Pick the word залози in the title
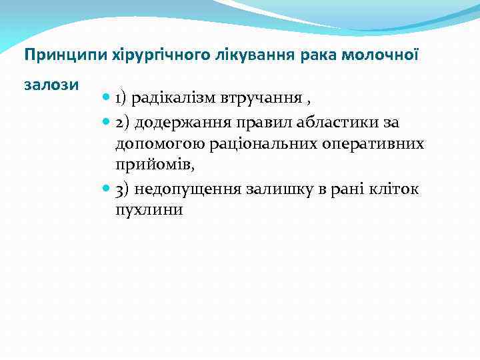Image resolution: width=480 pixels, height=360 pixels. pos(51,85)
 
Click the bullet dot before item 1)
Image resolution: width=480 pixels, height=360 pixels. pos(107,99)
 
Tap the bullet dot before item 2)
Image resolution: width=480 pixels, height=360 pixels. pos(107,122)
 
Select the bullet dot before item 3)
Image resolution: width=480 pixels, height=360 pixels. pos(107,189)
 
